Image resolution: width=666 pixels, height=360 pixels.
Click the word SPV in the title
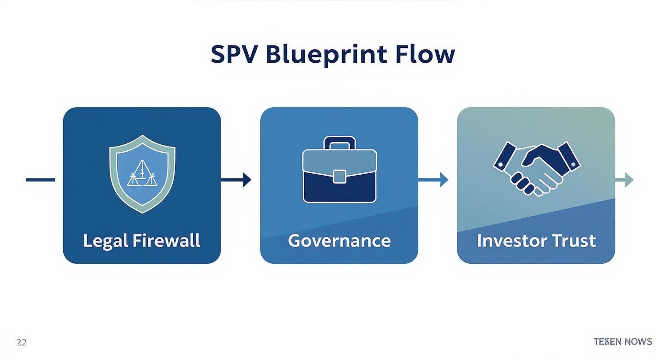234,55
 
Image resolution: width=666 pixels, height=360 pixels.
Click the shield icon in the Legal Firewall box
142,173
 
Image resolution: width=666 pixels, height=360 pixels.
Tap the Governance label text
339,240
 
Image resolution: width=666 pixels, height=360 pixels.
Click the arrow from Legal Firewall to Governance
236,180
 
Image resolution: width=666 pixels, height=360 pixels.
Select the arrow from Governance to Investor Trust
433,180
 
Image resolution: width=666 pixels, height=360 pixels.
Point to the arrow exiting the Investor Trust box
624,180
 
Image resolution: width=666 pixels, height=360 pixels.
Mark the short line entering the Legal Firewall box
40,180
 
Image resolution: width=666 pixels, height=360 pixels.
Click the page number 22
21,342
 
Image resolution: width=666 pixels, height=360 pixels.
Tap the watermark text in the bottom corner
622,341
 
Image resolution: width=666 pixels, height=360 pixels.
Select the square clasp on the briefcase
340,176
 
